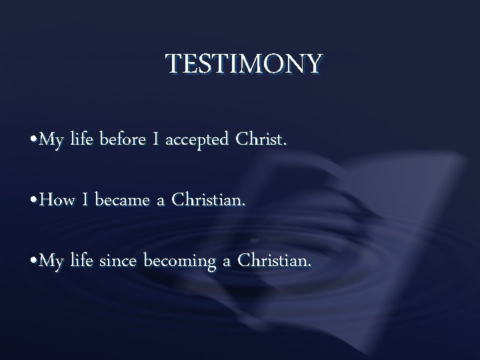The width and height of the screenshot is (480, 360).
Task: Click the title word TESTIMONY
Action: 244,65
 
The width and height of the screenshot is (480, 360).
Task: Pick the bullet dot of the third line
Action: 34,263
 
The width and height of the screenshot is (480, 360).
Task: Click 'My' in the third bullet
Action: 51,263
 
